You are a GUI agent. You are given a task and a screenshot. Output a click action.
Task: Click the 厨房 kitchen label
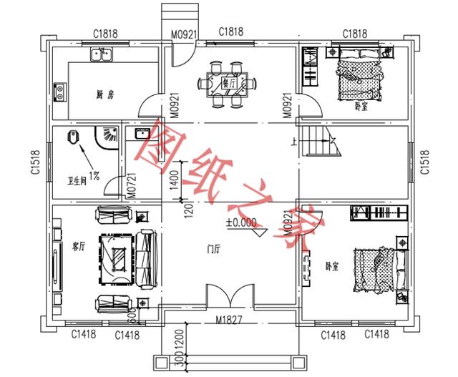[107, 94]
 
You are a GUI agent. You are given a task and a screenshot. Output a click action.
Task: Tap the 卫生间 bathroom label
[77, 180]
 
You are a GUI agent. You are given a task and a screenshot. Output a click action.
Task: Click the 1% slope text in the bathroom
[94, 175]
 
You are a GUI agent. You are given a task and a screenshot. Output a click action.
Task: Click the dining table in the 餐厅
[224, 82]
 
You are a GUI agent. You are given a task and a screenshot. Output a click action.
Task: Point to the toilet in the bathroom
[72, 138]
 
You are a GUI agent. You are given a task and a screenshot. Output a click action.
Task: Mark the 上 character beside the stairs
[294, 141]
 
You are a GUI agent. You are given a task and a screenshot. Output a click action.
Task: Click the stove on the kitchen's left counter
[59, 91]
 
